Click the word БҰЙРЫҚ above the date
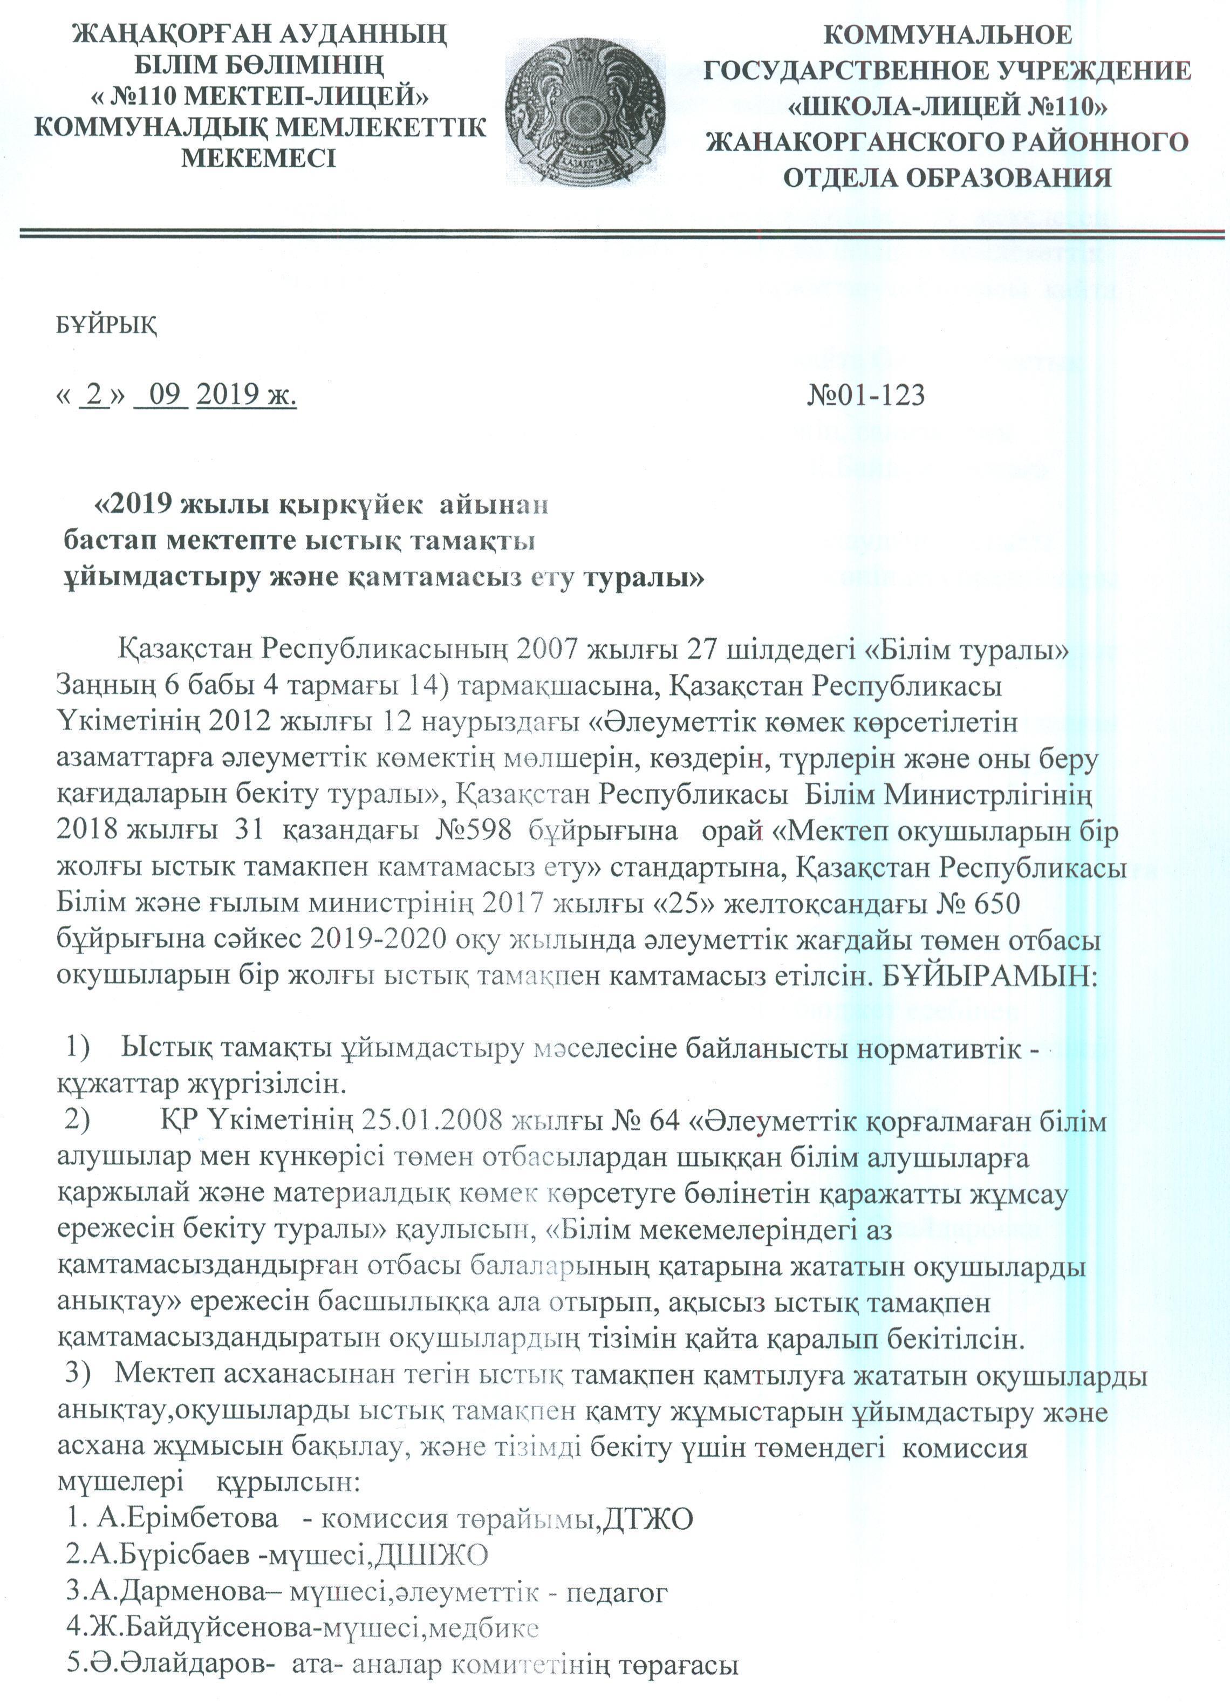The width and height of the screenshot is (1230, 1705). click(107, 325)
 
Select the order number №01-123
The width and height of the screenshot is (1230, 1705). click(865, 394)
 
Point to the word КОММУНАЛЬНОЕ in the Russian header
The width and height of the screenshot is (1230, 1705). click(947, 35)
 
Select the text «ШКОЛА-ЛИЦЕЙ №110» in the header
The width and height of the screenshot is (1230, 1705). click(947, 107)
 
